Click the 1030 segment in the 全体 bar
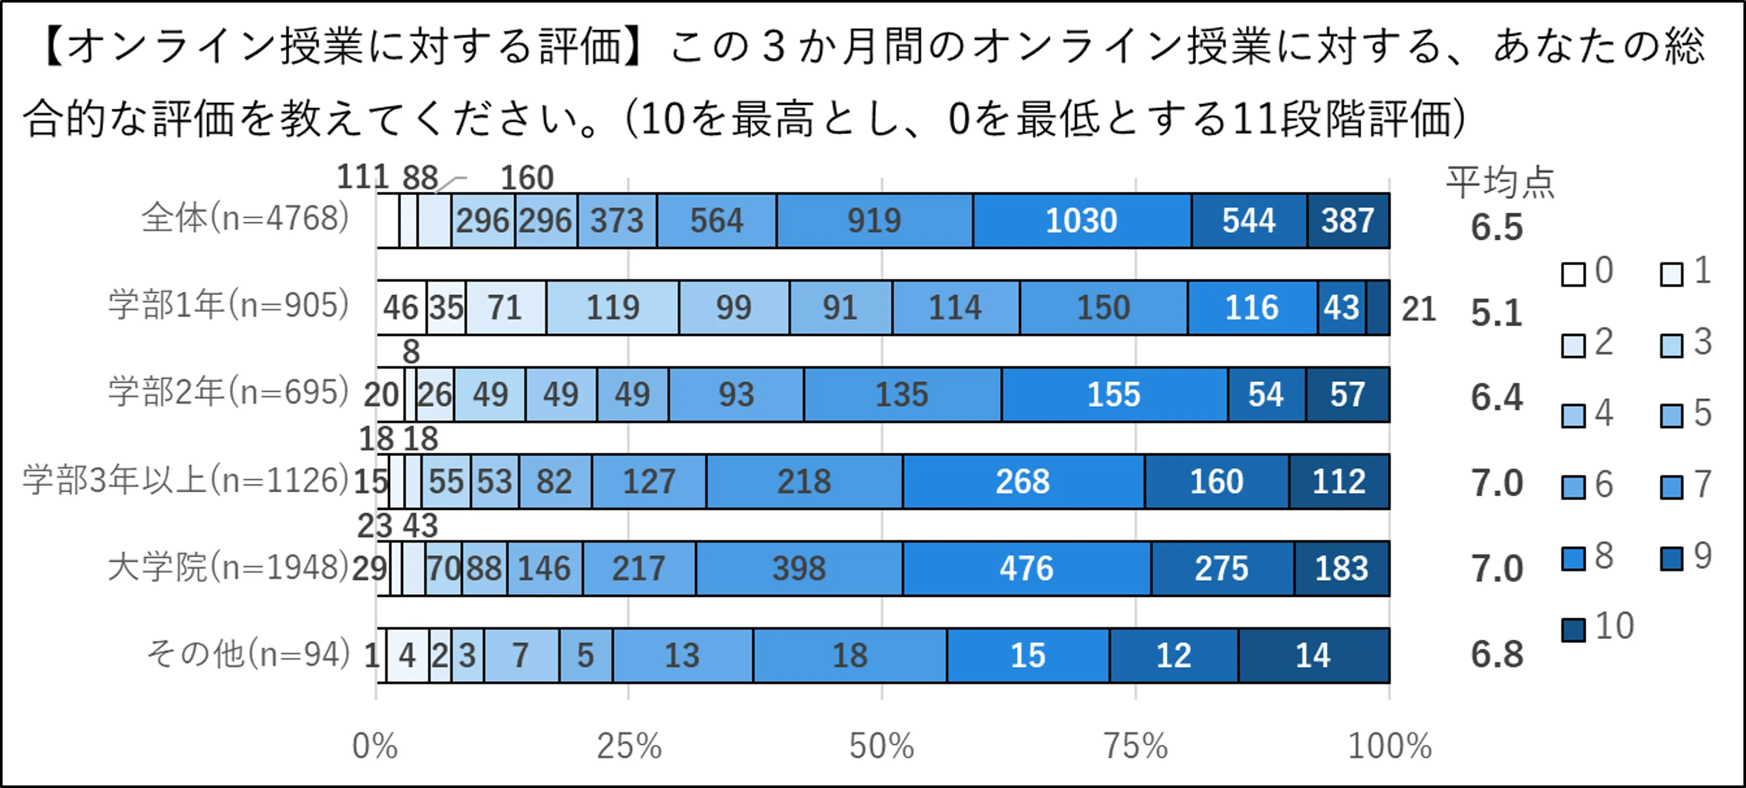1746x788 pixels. tap(1081, 220)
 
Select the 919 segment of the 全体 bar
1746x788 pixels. tap(874, 220)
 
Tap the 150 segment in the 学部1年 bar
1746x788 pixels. tap(1103, 307)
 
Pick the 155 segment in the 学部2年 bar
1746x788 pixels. tap(1114, 394)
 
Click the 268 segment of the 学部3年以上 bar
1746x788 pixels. tap(1023, 481)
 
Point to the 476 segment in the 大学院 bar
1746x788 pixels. tap(1026, 568)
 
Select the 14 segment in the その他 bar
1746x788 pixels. tap(1313, 655)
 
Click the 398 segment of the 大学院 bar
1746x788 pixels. tap(799, 568)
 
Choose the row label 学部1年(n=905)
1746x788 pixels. tap(228, 305)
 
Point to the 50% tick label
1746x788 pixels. tap(881, 746)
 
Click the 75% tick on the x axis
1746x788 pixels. tap(1135, 746)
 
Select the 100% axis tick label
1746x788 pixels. tap(1390, 746)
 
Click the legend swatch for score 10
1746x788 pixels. tap(1573, 629)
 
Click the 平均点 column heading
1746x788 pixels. tap(1500, 182)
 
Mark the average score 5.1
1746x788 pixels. tap(1497, 313)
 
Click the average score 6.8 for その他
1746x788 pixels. tap(1497, 654)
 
